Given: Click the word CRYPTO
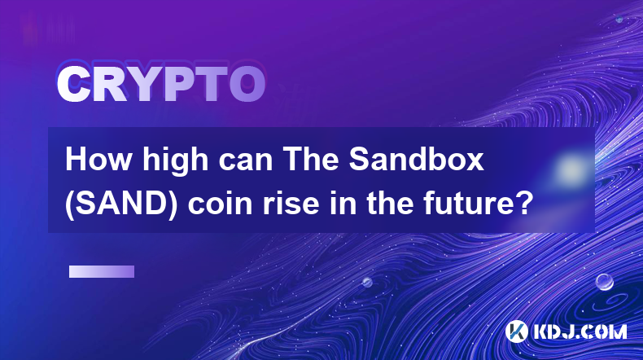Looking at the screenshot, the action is point(161,85).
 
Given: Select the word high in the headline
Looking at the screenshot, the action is point(175,161).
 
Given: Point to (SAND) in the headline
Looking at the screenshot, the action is point(121,204).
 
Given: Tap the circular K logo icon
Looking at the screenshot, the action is point(516,331).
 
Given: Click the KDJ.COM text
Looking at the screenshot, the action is point(580,331).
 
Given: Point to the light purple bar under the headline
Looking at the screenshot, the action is point(102,271).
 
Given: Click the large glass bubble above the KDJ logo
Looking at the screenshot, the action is point(605,282).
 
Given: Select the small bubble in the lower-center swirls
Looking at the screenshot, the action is point(366,282).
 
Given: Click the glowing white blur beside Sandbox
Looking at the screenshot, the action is point(571,169).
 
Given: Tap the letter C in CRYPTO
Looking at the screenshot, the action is point(74,85).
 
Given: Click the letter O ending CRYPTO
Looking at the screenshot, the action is point(247,85).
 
